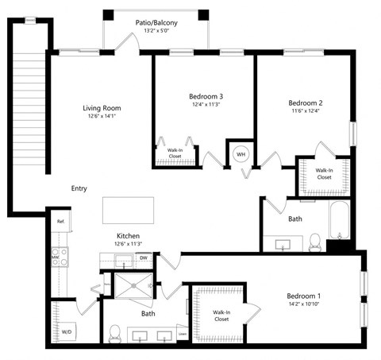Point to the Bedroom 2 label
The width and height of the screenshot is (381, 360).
[305, 103]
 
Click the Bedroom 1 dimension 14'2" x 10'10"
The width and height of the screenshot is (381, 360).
[308, 305]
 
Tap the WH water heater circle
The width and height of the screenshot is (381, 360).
[239, 153]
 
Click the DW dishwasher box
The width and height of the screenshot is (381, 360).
[144, 257]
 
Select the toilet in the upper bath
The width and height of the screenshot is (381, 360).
[314, 240]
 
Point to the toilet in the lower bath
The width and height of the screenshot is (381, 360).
[114, 333]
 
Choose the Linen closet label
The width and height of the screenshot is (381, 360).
[183, 334]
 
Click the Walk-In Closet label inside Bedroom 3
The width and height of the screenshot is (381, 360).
[174, 153]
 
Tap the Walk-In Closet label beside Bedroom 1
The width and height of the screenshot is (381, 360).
[221, 315]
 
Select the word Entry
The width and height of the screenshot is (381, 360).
[79, 188]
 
